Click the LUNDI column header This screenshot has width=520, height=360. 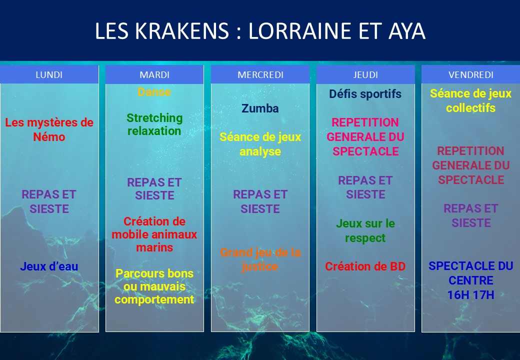[x=49, y=74]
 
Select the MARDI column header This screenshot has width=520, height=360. [x=154, y=74]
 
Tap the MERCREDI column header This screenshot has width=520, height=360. [x=260, y=74]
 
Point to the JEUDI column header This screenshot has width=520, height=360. [x=365, y=74]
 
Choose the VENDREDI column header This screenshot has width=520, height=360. [x=470, y=74]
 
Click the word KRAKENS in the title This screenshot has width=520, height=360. [x=181, y=31]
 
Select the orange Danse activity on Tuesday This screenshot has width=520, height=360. [x=154, y=92]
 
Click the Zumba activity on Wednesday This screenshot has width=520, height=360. [x=260, y=108]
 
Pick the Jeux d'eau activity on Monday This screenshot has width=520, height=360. [x=49, y=266]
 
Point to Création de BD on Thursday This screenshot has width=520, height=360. [x=365, y=266]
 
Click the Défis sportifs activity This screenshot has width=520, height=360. [x=365, y=94]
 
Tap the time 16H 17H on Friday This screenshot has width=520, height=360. [x=470, y=294]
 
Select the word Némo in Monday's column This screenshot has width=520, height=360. [x=49, y=137]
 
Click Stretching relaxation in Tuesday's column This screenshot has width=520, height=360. [x=154, y=124]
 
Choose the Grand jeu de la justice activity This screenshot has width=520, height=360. [x=260, y=259]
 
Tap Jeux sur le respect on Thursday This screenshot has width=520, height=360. [x=365, y=230]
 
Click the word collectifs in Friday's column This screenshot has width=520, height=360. [x=470, y=107]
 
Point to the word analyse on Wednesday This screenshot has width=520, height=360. [x=260, y=151]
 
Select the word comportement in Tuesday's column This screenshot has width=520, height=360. [x=154, y=299]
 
